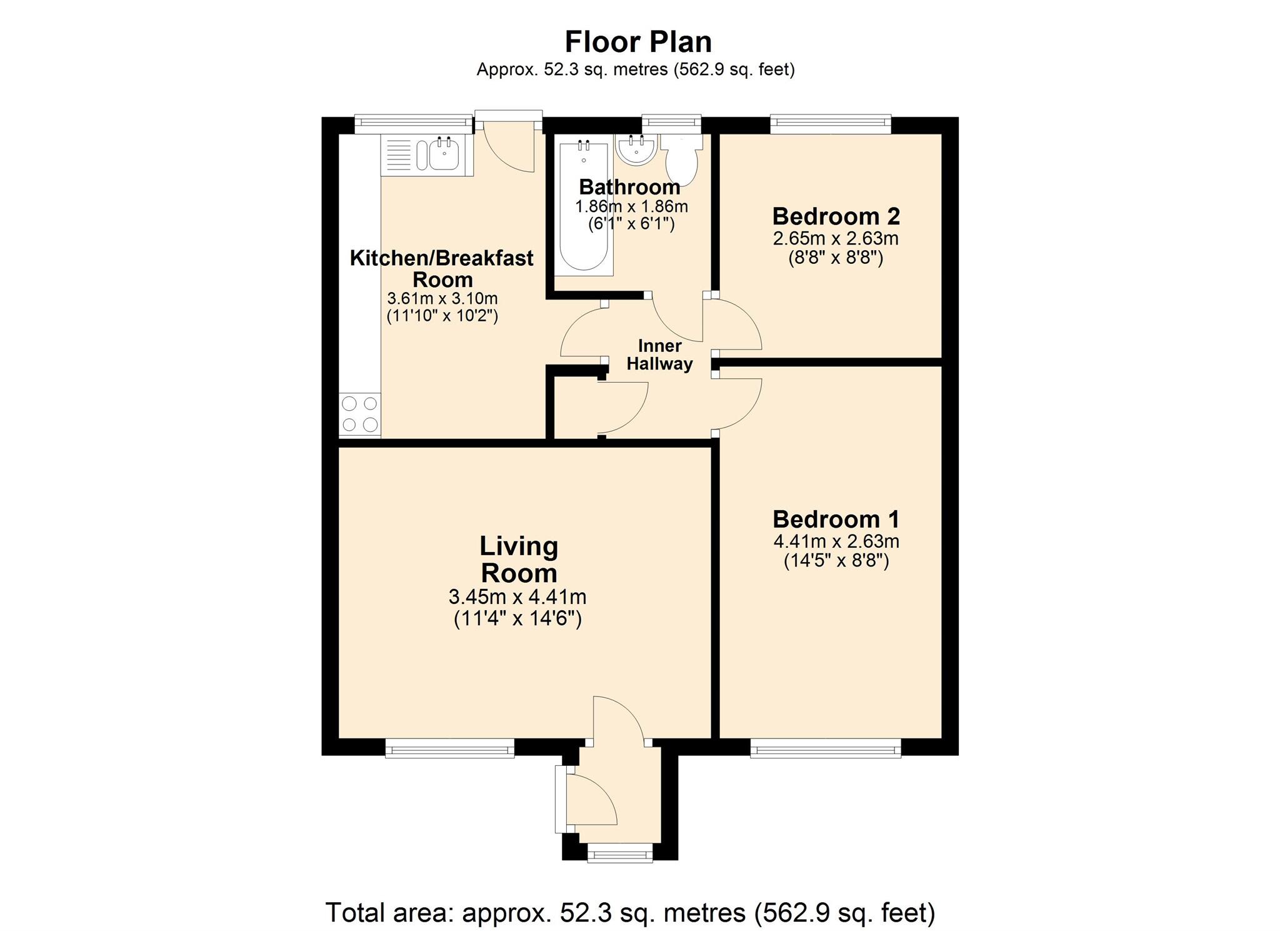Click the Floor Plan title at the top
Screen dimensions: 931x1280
point(638,43)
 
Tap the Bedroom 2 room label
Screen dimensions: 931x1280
point(836,216)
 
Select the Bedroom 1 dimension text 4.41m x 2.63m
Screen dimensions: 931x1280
point(836,541)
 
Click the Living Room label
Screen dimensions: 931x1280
point(518,560)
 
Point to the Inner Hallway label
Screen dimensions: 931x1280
point(659,355)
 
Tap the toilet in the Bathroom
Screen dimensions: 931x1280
point(681,161)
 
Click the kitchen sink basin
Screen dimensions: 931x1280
point(444,154)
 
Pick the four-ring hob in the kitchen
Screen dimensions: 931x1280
point(360,414)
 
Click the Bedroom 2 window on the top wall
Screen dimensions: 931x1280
point(830,124)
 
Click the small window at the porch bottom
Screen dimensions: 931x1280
point(620,853)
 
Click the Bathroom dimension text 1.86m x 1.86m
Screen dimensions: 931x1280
point(631,206)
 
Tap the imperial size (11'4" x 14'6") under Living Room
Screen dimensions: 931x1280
point(517,619)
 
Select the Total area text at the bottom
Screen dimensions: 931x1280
point(630,912)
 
